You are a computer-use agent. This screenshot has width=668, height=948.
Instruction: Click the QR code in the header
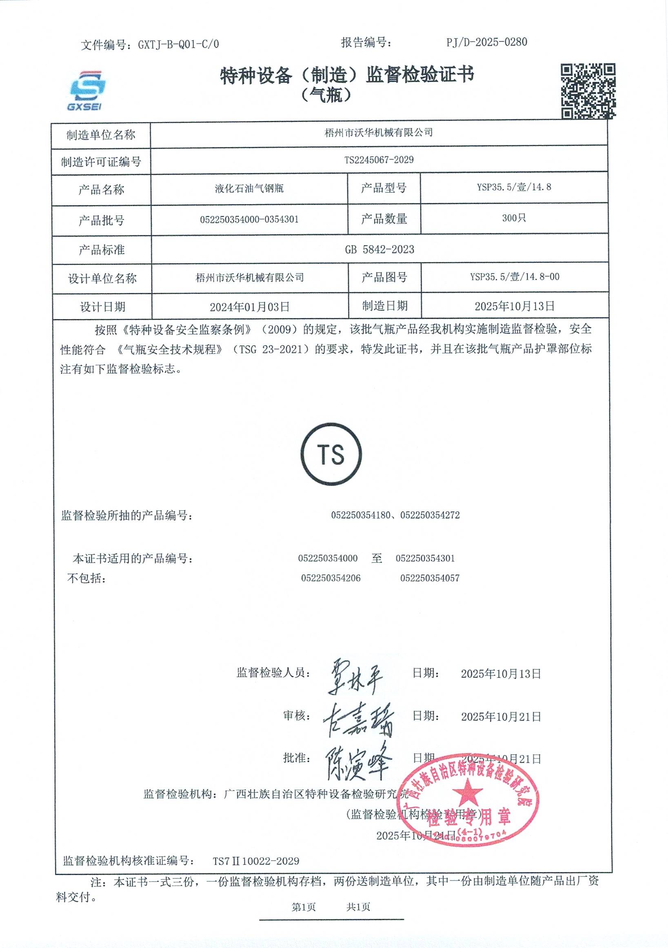(588, 91)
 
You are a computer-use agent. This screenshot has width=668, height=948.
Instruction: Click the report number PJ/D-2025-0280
(486, 42)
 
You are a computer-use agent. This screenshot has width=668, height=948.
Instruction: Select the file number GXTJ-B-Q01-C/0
(178, 44)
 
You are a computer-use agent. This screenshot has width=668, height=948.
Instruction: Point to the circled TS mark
(331, 454)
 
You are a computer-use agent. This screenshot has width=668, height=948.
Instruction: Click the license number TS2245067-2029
(379, 160)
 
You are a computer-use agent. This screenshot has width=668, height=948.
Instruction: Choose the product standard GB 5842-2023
(379, 249)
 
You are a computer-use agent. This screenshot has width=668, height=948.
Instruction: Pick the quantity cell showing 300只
(514, 218)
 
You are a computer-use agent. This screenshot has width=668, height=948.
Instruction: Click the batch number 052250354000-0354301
(249, 219)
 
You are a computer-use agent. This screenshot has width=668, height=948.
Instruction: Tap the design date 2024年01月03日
(250, 307)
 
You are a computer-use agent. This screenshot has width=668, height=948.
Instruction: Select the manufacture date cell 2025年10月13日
(514, 306)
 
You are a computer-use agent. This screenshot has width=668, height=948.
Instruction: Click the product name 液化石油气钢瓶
(249, 189)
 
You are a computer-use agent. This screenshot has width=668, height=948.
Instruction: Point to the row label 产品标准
(102, 250)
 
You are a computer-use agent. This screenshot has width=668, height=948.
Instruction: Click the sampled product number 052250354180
(360, 515)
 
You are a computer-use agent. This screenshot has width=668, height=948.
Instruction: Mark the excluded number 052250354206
(331, 578)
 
